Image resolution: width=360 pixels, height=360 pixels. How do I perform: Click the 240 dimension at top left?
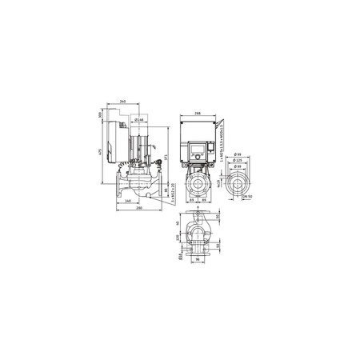pyautogui.click(x=122, y=102)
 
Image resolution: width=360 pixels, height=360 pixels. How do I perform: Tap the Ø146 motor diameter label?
pyautogui.click(x=138, y=119)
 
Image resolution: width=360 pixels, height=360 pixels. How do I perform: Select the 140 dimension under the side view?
pyautogui.click(x=128, y=201)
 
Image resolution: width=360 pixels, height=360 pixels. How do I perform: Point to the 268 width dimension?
pyautogui.click(x=198, y=114)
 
